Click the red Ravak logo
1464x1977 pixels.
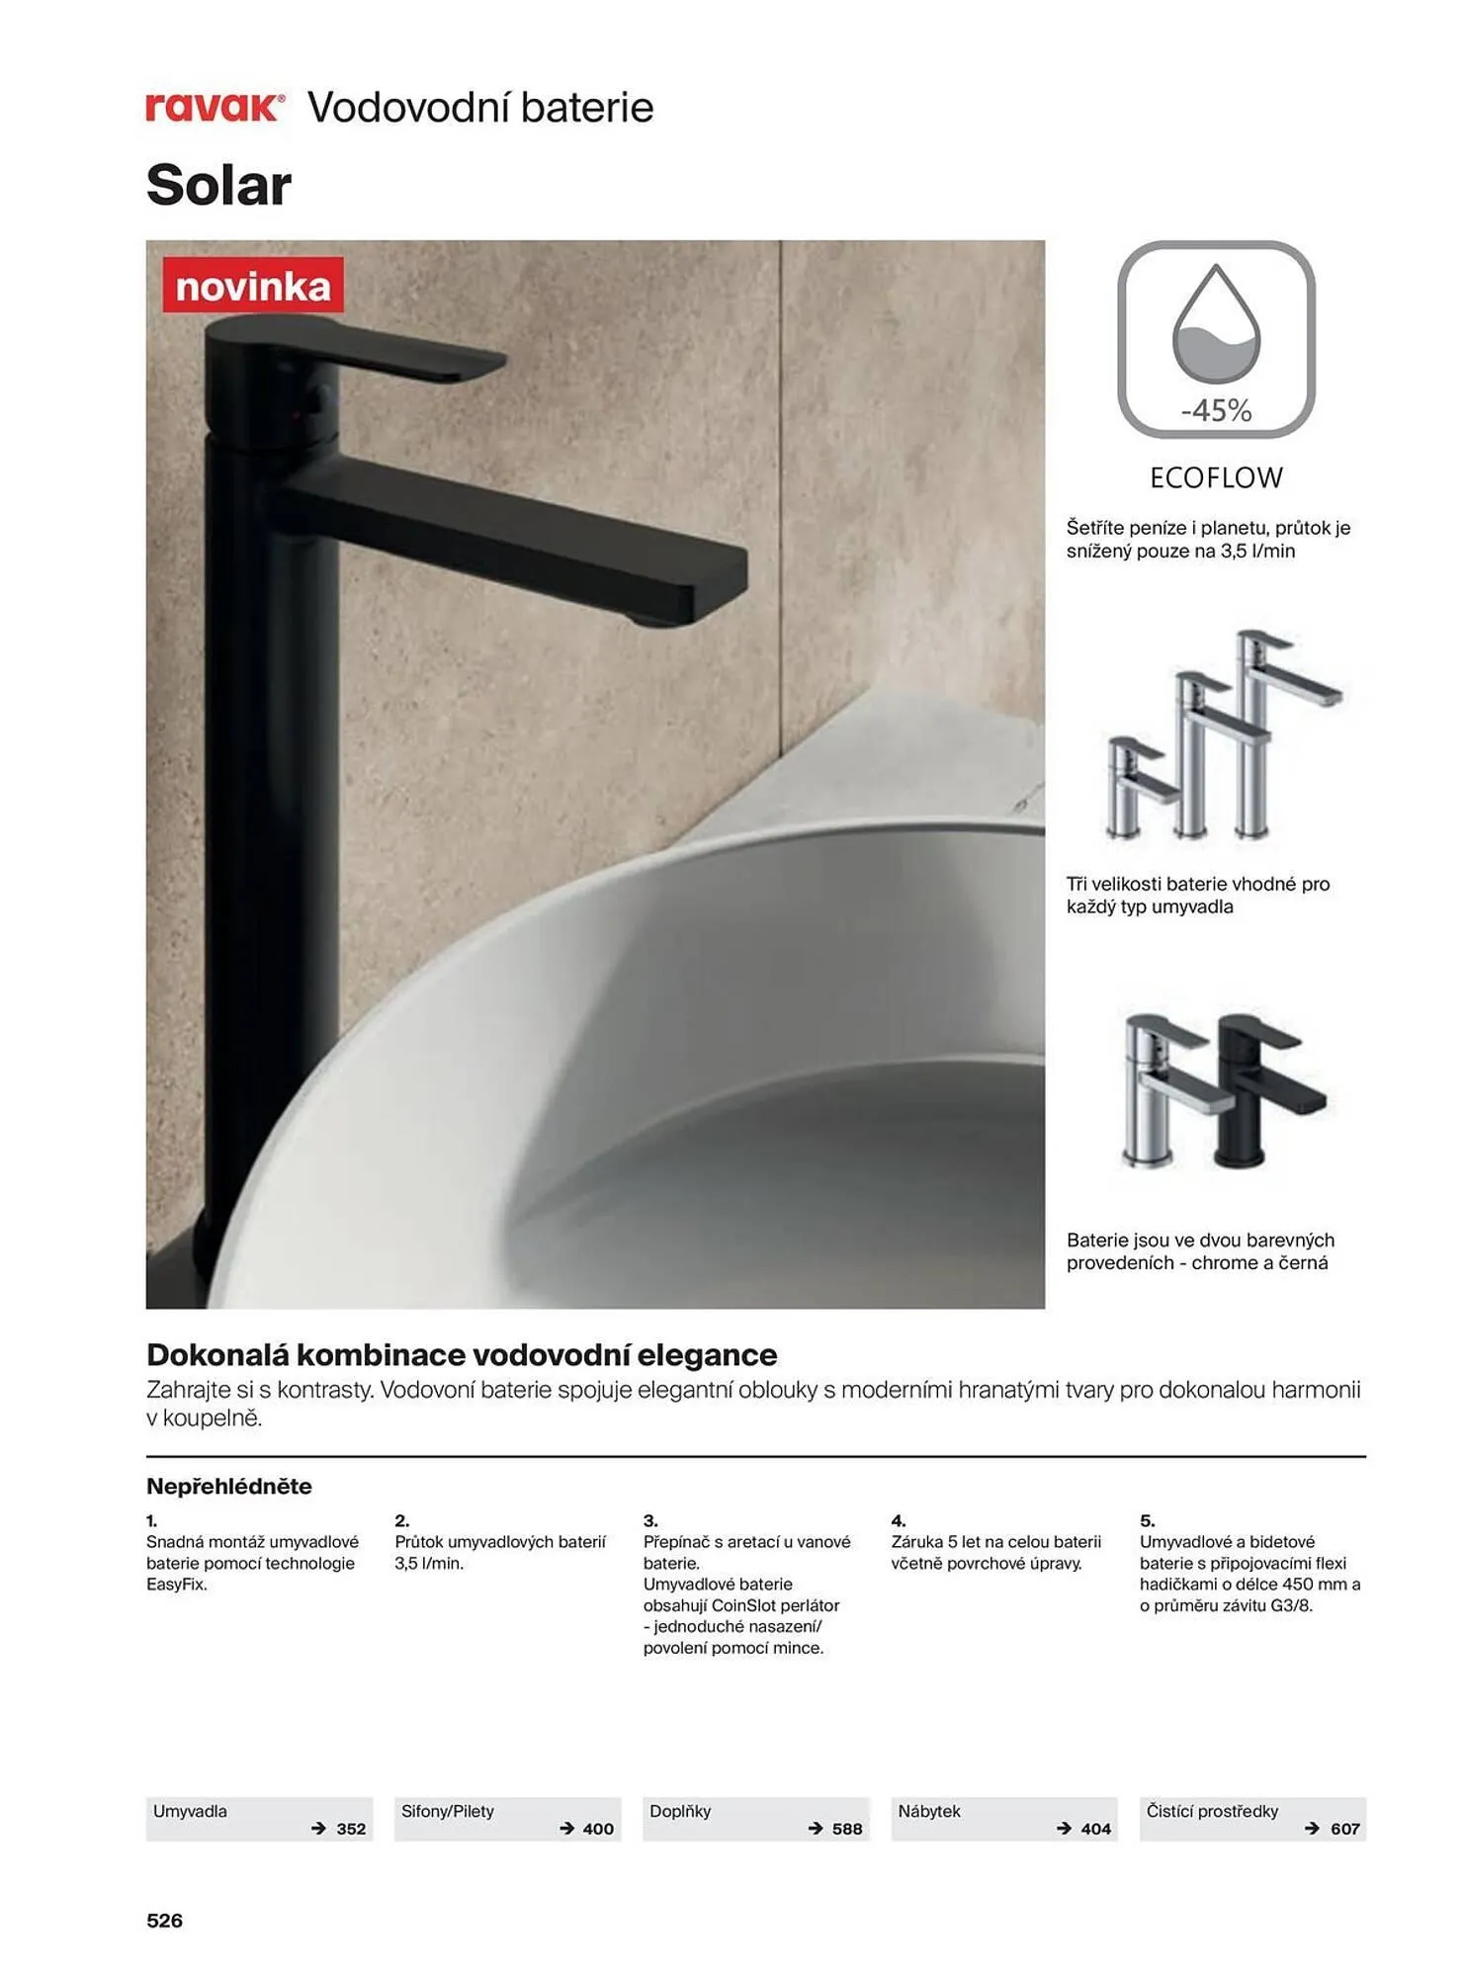tap(215, 107)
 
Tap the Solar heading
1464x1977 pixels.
tap(218, 185)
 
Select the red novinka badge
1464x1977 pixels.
tap(253, 286)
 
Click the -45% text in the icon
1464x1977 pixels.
tap(1216, 410)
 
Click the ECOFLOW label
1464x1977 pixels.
tap(1216, 478)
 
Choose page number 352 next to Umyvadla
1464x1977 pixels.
tap(351, 1829)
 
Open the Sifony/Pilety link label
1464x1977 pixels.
tap(448, 1811)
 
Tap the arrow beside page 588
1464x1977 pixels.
tap(816, 1829)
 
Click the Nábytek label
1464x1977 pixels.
tap(929, 1811)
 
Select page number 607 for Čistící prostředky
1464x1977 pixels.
tap(1345, 1829)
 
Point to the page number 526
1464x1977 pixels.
tap(165, 1921)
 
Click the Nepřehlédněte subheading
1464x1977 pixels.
tap(229, 1486)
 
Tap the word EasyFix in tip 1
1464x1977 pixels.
tap(177, 1585)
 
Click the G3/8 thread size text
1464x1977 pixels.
tap(1291, 1605)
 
